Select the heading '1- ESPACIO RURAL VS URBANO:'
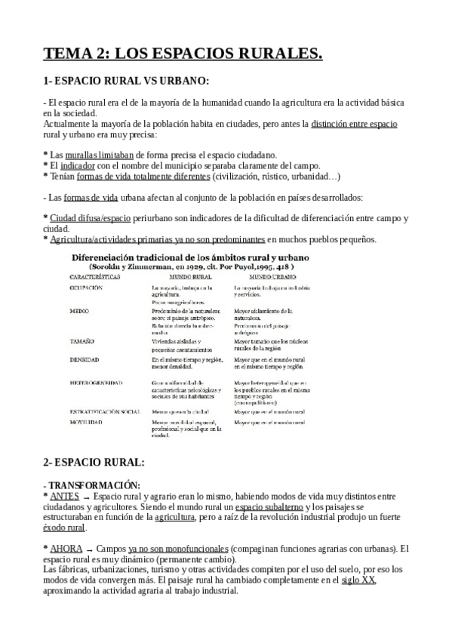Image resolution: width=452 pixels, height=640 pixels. pyautogui.click(x=126, y=81)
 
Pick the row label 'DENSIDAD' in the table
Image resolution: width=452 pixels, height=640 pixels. pyautogui.click(x=86, y=359)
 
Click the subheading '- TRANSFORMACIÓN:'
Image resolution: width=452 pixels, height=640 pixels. pyautogui.click(x=93, y=485)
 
